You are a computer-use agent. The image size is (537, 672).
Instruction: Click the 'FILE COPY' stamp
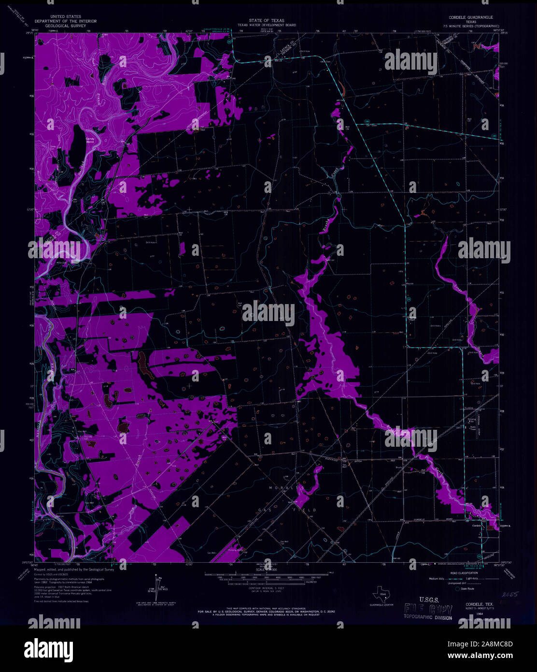428,610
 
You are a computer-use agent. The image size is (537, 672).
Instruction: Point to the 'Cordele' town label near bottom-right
477,526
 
